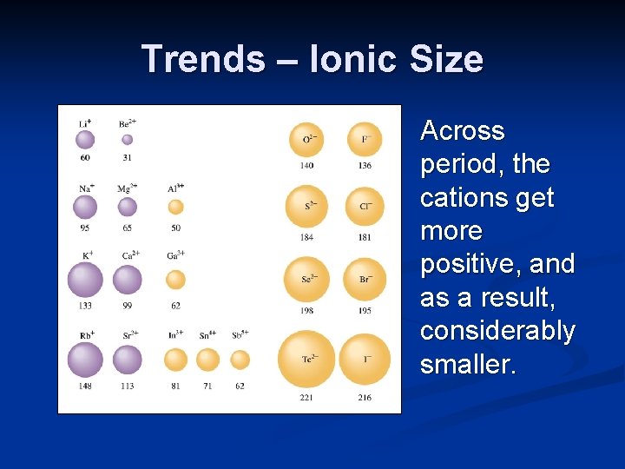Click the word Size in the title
click(x=449, y=59)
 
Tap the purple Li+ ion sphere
click(x=85, y=139)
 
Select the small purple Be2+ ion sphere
click(x=128, y=139)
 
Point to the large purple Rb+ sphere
click(x=85, y=360)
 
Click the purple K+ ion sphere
click(x=85, y=280)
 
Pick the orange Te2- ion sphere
click(x=306, y=359)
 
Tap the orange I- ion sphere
click(x=365, y=359)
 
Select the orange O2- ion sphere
click(x=307, y=139)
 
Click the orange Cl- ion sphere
click(x=365, y=207)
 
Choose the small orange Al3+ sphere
click(x=175, y=207)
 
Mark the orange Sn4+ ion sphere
click(x=207, y=360)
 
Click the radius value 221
click(x=307, y=397)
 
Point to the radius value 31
click(x=128, y=157)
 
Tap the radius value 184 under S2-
click(x=307, y=237)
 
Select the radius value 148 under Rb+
click(x=85, y=386)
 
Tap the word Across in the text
click(x=462, y=131)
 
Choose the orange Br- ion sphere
click(x=365, y=280)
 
